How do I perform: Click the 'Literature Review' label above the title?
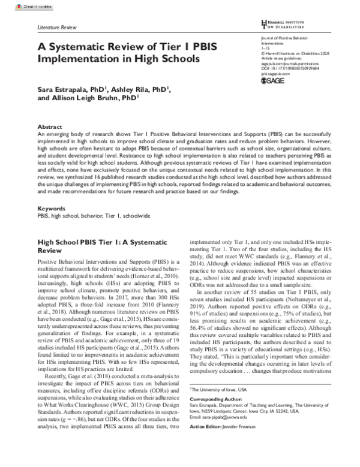tap(57, 28)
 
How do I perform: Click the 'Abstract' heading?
tap(50, 128)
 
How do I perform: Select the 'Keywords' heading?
tap(52, 209)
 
